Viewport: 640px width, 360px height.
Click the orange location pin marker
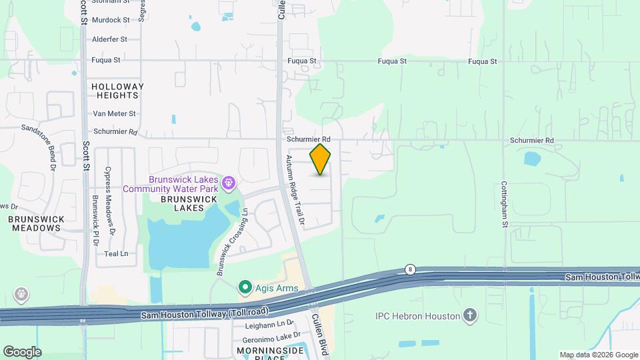[321, 159]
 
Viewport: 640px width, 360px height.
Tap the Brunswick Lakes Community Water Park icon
[229, 181]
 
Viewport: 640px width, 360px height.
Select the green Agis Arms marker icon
[245, 287]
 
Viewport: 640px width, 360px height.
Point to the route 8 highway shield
[409, 269]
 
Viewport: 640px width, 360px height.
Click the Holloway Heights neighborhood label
[117, 91]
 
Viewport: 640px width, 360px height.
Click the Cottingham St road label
[505, 204]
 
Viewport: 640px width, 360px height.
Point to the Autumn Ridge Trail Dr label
[295, 189]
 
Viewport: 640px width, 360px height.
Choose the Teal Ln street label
[115, 254]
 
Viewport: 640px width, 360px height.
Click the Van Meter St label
[114, 114]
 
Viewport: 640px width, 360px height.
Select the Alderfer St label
[109, 39]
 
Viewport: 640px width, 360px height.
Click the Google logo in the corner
[22, 352]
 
